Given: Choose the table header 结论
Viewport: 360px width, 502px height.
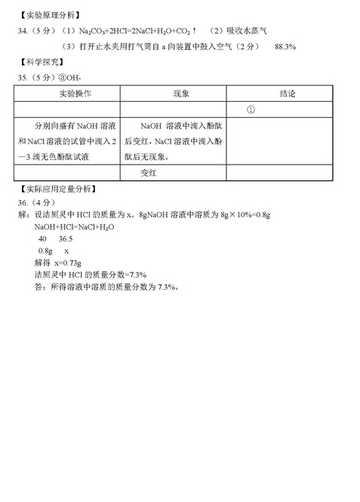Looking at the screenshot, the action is [288, 94].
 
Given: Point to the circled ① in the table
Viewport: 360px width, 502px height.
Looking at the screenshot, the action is [249, 110].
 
